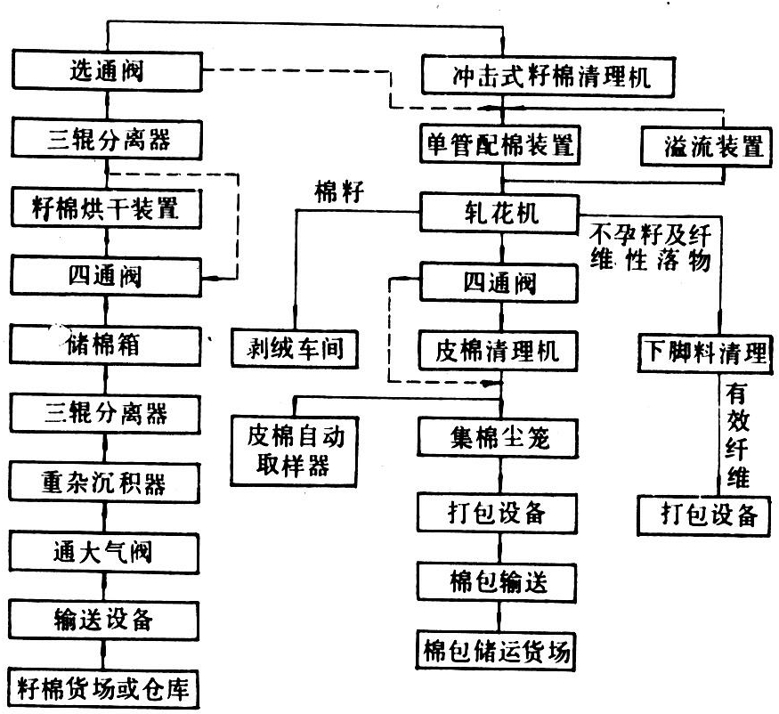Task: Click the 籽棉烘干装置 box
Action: tap(105, 210)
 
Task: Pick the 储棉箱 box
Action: tap(105, 344)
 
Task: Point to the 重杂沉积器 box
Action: tap(106, 483)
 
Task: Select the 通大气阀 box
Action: tap(106, 550)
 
